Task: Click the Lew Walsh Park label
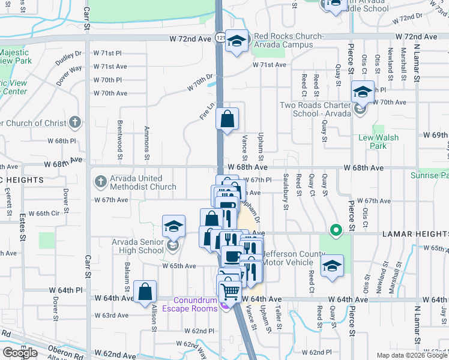pyautogui.click(x=378, y=142)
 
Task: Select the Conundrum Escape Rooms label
pyautogui.click(x=196, y=305)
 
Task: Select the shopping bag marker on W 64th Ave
pyautogui.click(x=145, y=293)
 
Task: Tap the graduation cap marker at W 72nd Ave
pyautogui.click(x=237, y=41)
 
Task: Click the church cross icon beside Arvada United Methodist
pyautogui.click(x=100, y=180)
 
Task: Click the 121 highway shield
pyautogui.click(x=221, y=37)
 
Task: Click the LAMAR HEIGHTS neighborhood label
pyautogui.click(x=415, y=234)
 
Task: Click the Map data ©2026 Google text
pyautogui.click(x=412, y=355)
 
